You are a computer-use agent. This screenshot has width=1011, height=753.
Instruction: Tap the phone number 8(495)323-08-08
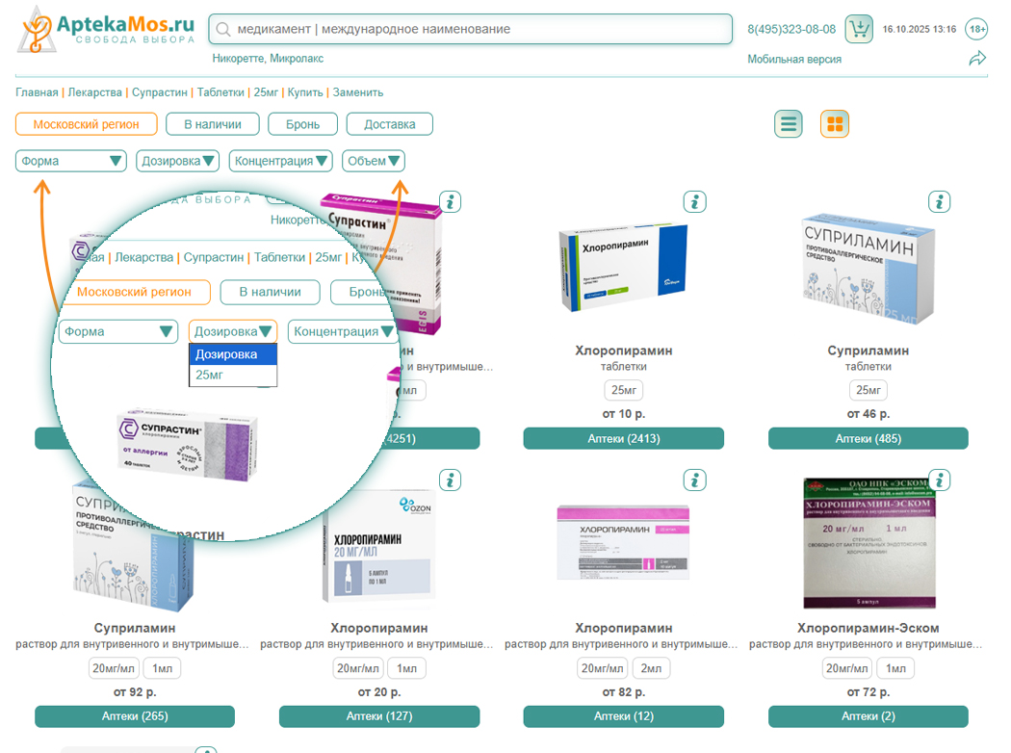(791, 30)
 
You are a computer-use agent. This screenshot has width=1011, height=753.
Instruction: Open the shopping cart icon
(859, 29)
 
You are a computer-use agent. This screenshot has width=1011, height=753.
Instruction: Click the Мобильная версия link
(794, 60)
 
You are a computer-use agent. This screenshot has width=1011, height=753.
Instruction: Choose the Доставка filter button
(390, 124)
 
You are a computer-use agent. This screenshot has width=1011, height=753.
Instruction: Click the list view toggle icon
(789, 124)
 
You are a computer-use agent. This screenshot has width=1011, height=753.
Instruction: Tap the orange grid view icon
(835, 124)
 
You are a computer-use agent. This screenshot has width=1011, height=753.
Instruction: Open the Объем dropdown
(374, 161)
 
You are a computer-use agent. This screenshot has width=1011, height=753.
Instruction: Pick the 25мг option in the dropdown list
(210, 375)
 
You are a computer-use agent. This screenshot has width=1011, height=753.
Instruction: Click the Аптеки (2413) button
(623, 439)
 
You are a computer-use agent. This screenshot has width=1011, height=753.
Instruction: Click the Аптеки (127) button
(378, 716)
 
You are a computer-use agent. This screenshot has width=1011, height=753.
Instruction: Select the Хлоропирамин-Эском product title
(868, 629)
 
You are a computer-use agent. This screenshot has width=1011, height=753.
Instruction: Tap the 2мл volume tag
(651, 668)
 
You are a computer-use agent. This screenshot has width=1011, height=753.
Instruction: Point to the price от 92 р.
(135, 692)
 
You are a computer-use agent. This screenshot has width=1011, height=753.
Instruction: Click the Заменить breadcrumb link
(358, 92)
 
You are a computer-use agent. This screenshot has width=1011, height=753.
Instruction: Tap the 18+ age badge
(976, 29)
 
